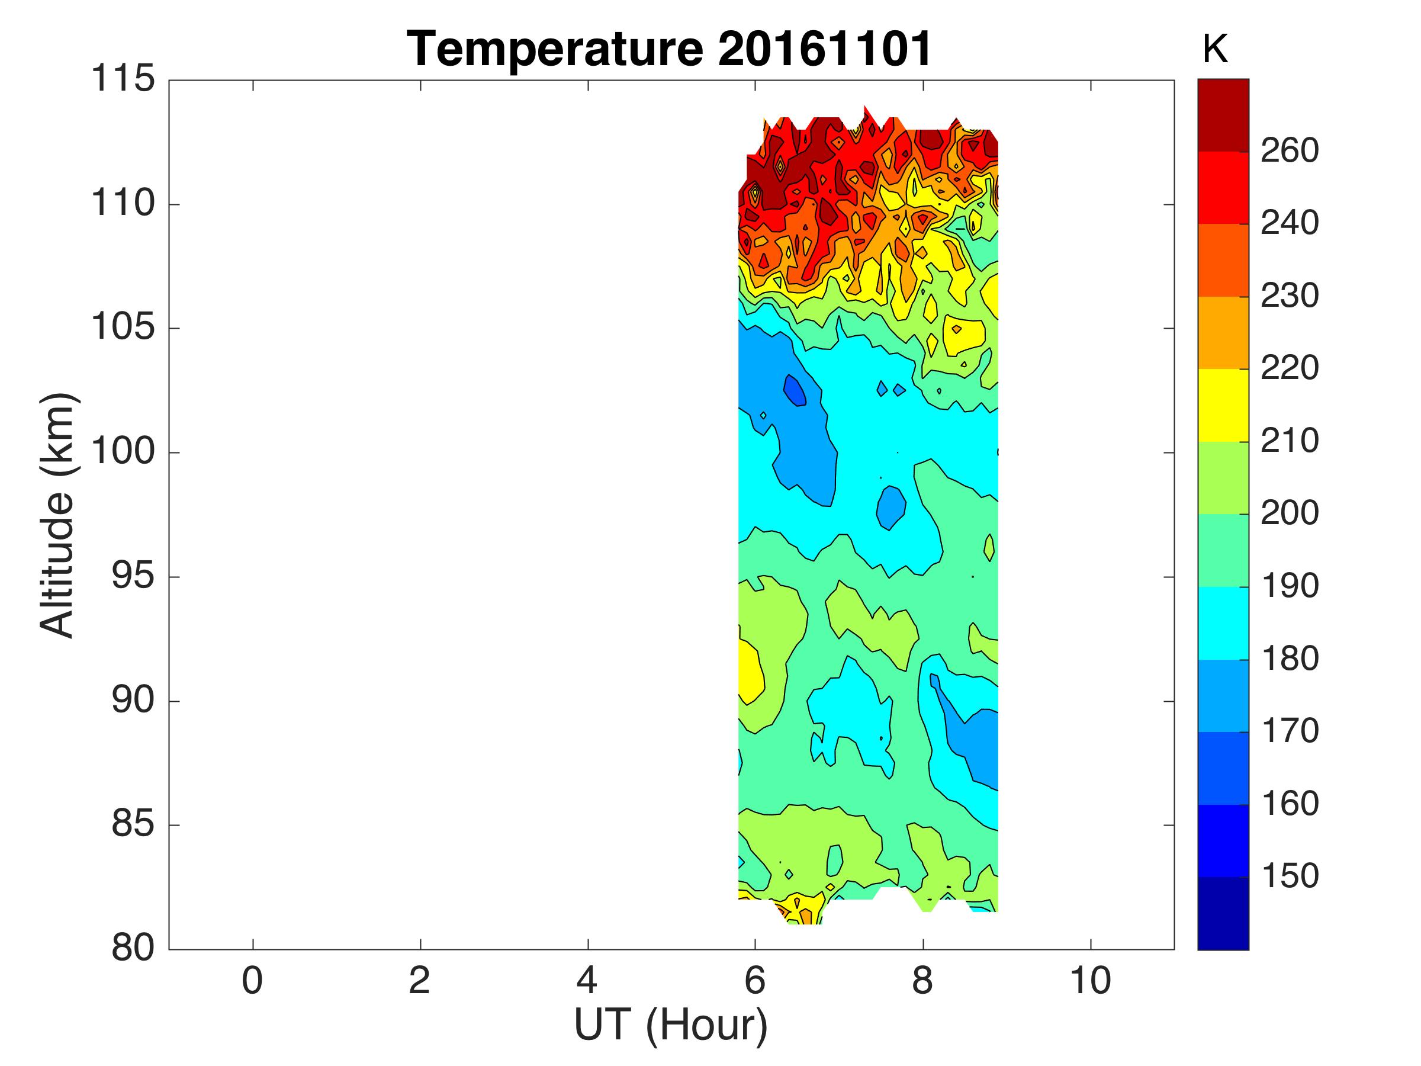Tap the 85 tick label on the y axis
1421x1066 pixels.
pyautogui.click(x=133, y=823)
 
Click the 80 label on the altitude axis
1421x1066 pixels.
pyautogui.click(x=133, y=948)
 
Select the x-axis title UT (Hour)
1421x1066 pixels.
pyautogui.click(x=671, y=1026)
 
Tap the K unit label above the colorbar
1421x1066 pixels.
pyautogui.click(x=1215, y=49)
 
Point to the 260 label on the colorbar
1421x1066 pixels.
pyautogui.click(x=1290, y=151)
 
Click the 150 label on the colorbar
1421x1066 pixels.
pyautogui.click(x=1290, y=876)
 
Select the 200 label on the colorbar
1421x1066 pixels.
pyautogui.click(x=1290, y=513)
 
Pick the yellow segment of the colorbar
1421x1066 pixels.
pyautogui.click(x=1223, y=405)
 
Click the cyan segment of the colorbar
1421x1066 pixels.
pyautogui.click(x=1223, y=622)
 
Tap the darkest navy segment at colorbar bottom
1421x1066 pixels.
pyautogui.click(x=1223, y=913)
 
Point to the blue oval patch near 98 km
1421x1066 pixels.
pyautogui.click(x=891, y=508)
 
